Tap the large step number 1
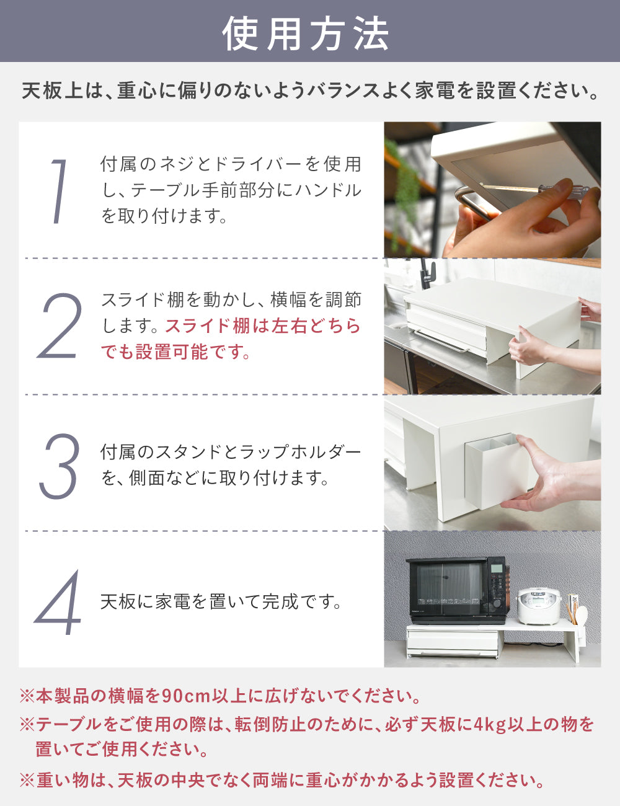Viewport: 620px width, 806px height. (x=59, y=191)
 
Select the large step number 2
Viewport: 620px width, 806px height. (x=60, y=327)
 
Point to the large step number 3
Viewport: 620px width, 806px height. (x=60, y=466)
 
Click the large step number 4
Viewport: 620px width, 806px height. (x=58, y=603)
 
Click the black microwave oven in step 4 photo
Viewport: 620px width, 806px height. (x=456, y=590)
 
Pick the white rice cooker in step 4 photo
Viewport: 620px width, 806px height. (x=538, y=606)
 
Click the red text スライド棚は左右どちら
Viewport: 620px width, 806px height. (x=263, y=326)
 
